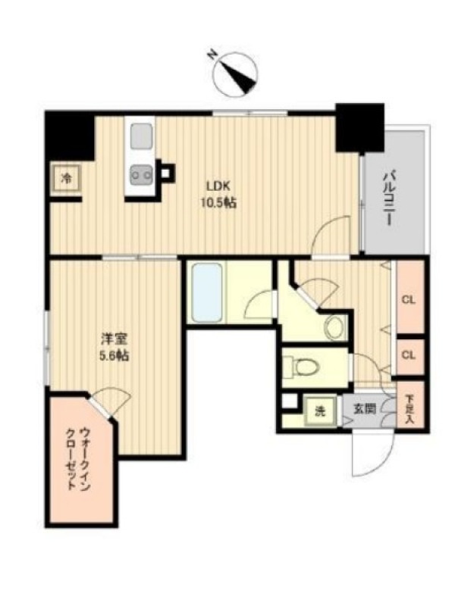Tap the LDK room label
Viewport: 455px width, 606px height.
218,186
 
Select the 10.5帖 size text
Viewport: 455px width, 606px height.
218,202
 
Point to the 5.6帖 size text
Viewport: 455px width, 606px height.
115,356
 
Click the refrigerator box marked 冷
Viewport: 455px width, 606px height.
67,179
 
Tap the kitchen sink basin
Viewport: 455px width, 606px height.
142,136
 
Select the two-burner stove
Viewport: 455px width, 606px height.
141,175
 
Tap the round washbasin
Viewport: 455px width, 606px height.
335,327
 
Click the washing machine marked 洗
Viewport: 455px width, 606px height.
320,412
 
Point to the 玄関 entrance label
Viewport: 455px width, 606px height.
365,409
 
